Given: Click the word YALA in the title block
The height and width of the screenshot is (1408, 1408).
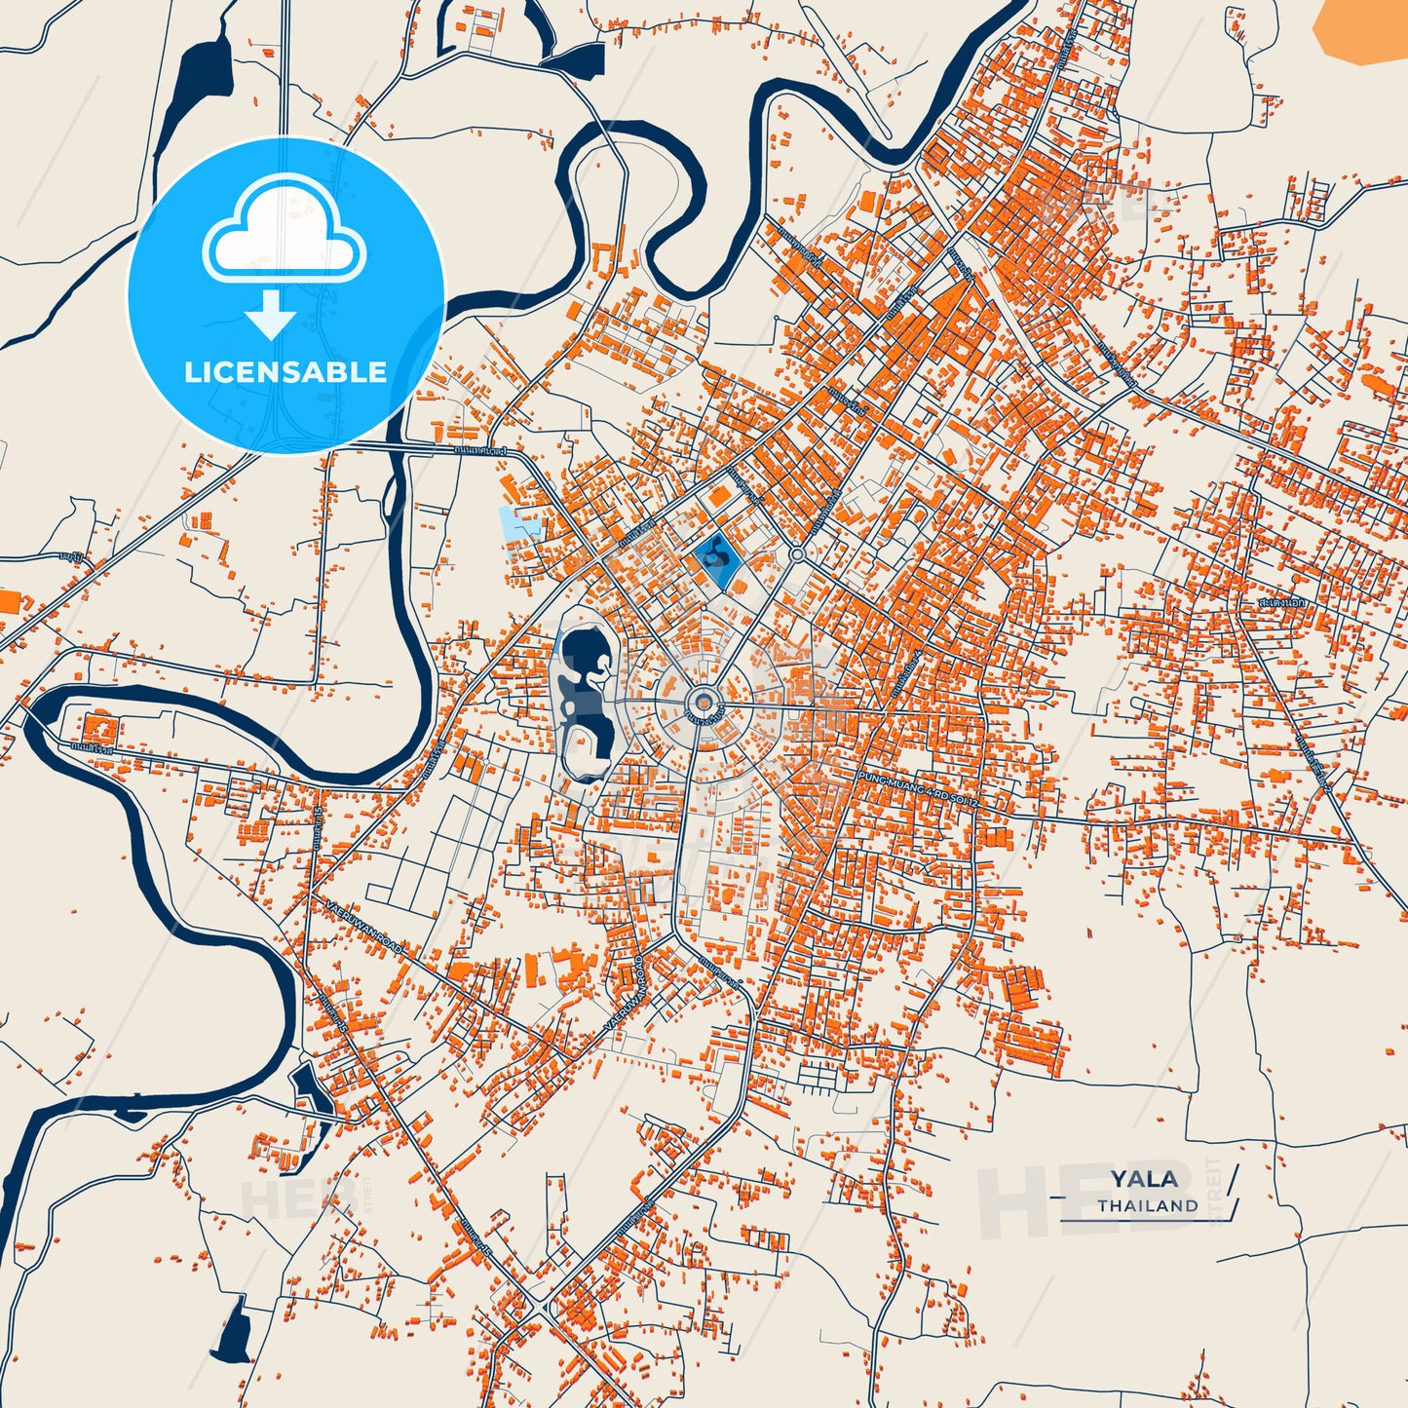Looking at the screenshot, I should (1144, 1179).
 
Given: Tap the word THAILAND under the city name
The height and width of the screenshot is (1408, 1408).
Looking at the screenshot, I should (1148, 1205).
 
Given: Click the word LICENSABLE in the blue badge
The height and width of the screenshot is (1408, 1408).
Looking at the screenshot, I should (285, 371).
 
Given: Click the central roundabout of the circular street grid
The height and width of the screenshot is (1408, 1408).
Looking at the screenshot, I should (702, 702).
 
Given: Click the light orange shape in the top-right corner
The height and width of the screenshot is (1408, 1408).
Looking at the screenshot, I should (1360, 29).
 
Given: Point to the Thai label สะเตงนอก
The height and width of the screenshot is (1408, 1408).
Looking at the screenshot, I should (1281, 603).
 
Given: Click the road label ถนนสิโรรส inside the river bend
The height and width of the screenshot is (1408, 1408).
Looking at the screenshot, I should (93, 749).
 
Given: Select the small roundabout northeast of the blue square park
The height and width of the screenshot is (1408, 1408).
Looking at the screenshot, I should (797, 554).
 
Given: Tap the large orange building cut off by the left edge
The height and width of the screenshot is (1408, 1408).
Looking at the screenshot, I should (8, 600).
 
